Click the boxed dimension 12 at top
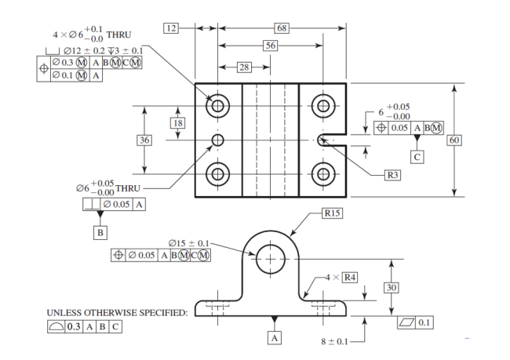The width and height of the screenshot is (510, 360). point(171,28)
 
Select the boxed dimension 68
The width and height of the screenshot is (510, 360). point(282,28)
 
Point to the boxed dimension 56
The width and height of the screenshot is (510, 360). point(270,46)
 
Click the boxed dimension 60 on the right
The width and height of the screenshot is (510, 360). point(454,140)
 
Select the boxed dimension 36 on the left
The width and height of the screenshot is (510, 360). point(144,140)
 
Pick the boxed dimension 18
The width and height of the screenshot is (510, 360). point(178,123)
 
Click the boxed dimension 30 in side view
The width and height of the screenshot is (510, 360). point(392,288)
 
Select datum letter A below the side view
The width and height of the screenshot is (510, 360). point(274,337)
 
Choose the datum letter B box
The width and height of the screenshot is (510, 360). point(100,232)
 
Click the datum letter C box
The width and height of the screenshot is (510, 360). point(417,157)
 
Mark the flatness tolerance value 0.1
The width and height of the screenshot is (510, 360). point(424,322)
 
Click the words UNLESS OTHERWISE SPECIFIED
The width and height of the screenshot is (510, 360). point(117,312)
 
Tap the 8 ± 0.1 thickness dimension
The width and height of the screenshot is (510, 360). point(334,341)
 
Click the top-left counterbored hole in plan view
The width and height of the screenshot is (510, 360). point(217,105)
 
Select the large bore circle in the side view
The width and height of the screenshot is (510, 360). point(272,259)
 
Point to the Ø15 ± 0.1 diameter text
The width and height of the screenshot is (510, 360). point(189,242)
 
